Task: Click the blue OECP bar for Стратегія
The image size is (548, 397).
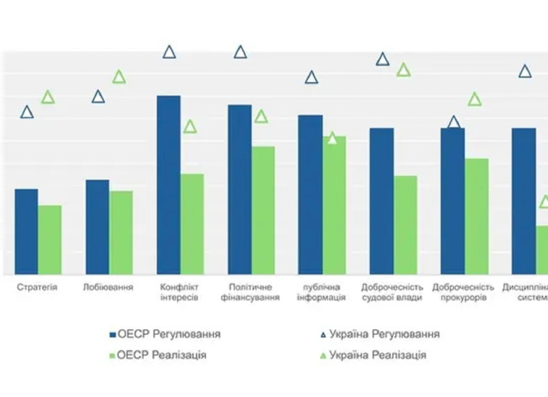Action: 26,231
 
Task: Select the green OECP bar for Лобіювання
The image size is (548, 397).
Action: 121,233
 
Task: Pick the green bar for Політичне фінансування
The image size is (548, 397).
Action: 263,210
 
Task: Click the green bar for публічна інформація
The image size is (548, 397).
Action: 334,205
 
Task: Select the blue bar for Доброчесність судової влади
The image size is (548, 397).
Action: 382,201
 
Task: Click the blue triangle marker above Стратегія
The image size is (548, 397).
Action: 26,112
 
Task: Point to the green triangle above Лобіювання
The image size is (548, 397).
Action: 119,78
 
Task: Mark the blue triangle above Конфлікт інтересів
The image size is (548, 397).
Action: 169,52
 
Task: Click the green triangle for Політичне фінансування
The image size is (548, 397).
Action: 261,117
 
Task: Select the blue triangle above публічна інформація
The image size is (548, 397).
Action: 311,78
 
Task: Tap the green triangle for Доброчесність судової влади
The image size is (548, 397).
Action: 404,70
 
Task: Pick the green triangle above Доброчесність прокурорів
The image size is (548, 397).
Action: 475,100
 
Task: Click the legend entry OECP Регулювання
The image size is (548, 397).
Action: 165,334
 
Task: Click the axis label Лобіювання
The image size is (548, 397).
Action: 108,287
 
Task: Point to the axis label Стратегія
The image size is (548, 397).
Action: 37,287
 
